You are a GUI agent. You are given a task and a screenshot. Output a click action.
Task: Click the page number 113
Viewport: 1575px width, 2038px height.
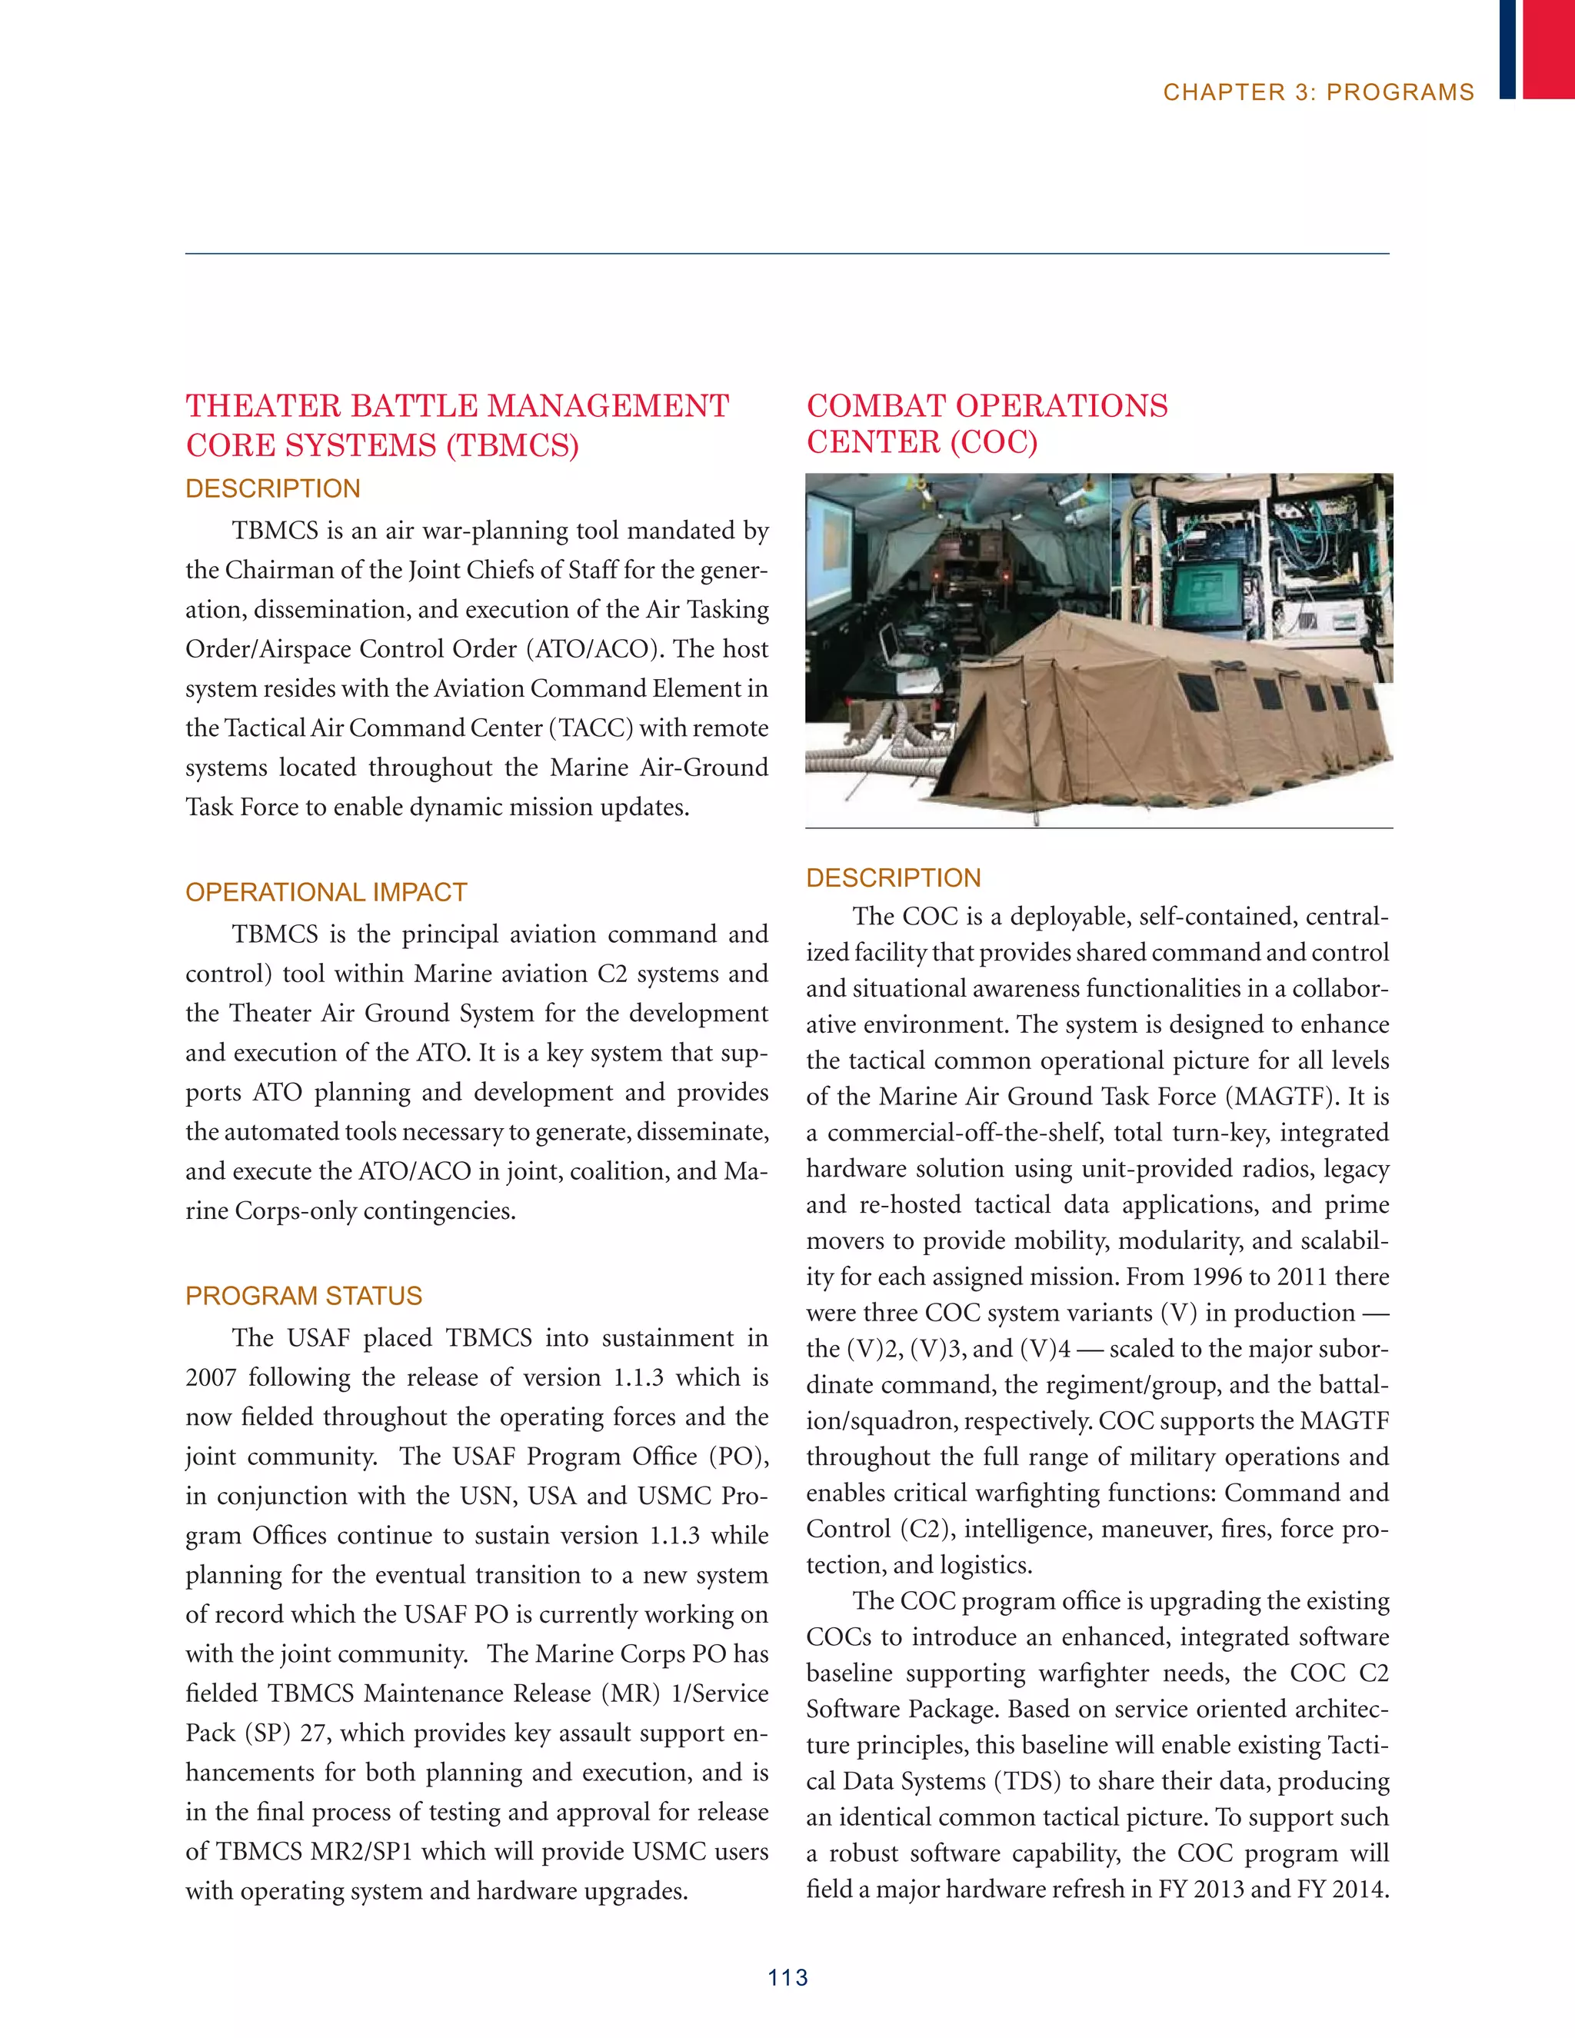787,1976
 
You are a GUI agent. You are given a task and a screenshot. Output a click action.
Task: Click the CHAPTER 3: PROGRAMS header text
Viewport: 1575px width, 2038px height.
1317,92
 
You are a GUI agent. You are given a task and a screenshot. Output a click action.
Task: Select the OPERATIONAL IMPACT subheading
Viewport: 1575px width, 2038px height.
325,892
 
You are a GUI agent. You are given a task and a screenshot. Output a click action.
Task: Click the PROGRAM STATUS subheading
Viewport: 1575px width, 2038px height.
303,1295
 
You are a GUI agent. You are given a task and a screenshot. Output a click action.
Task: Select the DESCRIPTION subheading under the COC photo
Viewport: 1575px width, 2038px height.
893,877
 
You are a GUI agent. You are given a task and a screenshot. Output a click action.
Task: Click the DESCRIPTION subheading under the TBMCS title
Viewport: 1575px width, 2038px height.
272,488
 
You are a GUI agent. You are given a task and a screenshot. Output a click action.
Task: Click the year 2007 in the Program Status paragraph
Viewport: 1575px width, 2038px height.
211,1377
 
